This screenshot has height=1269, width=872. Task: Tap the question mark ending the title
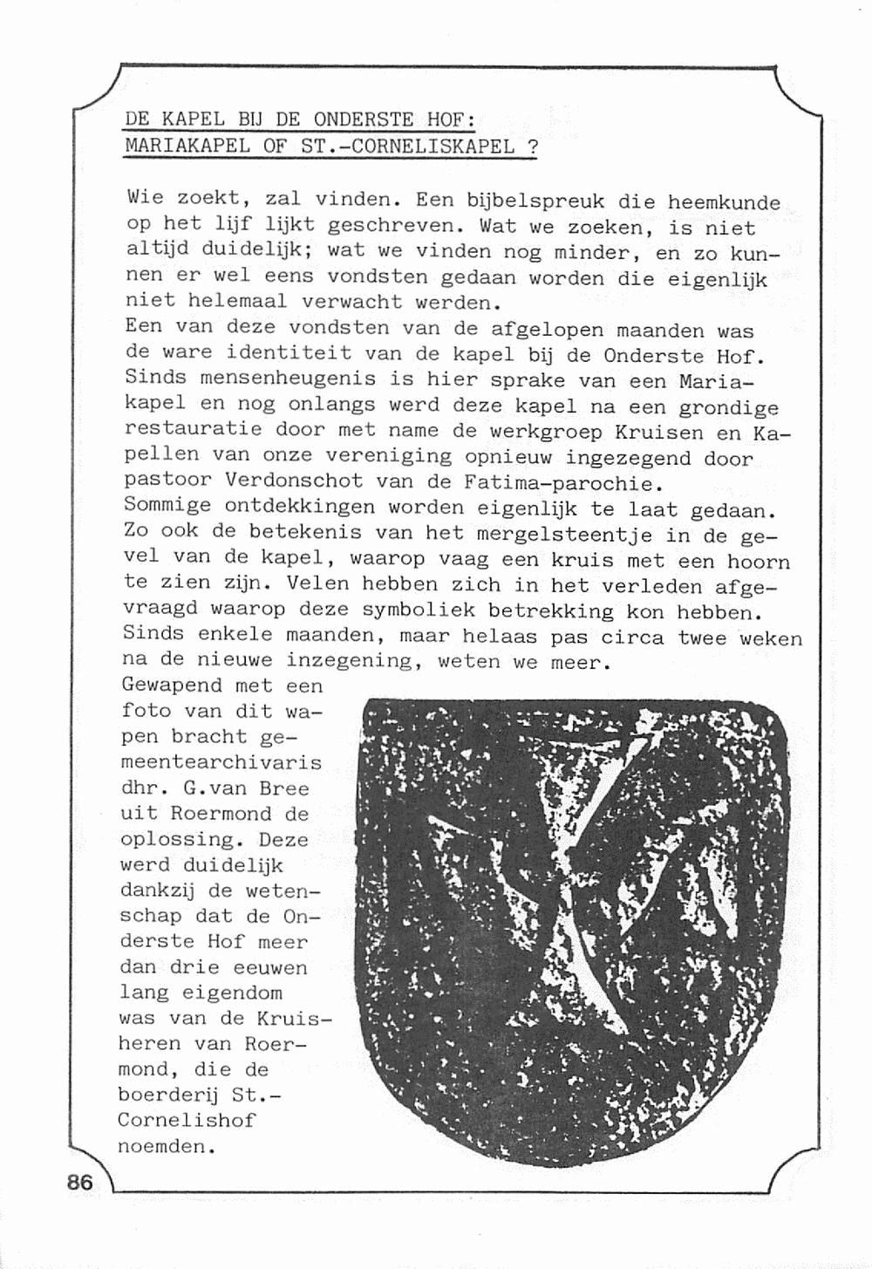point(532,146)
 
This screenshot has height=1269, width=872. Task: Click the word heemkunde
point(724,203)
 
